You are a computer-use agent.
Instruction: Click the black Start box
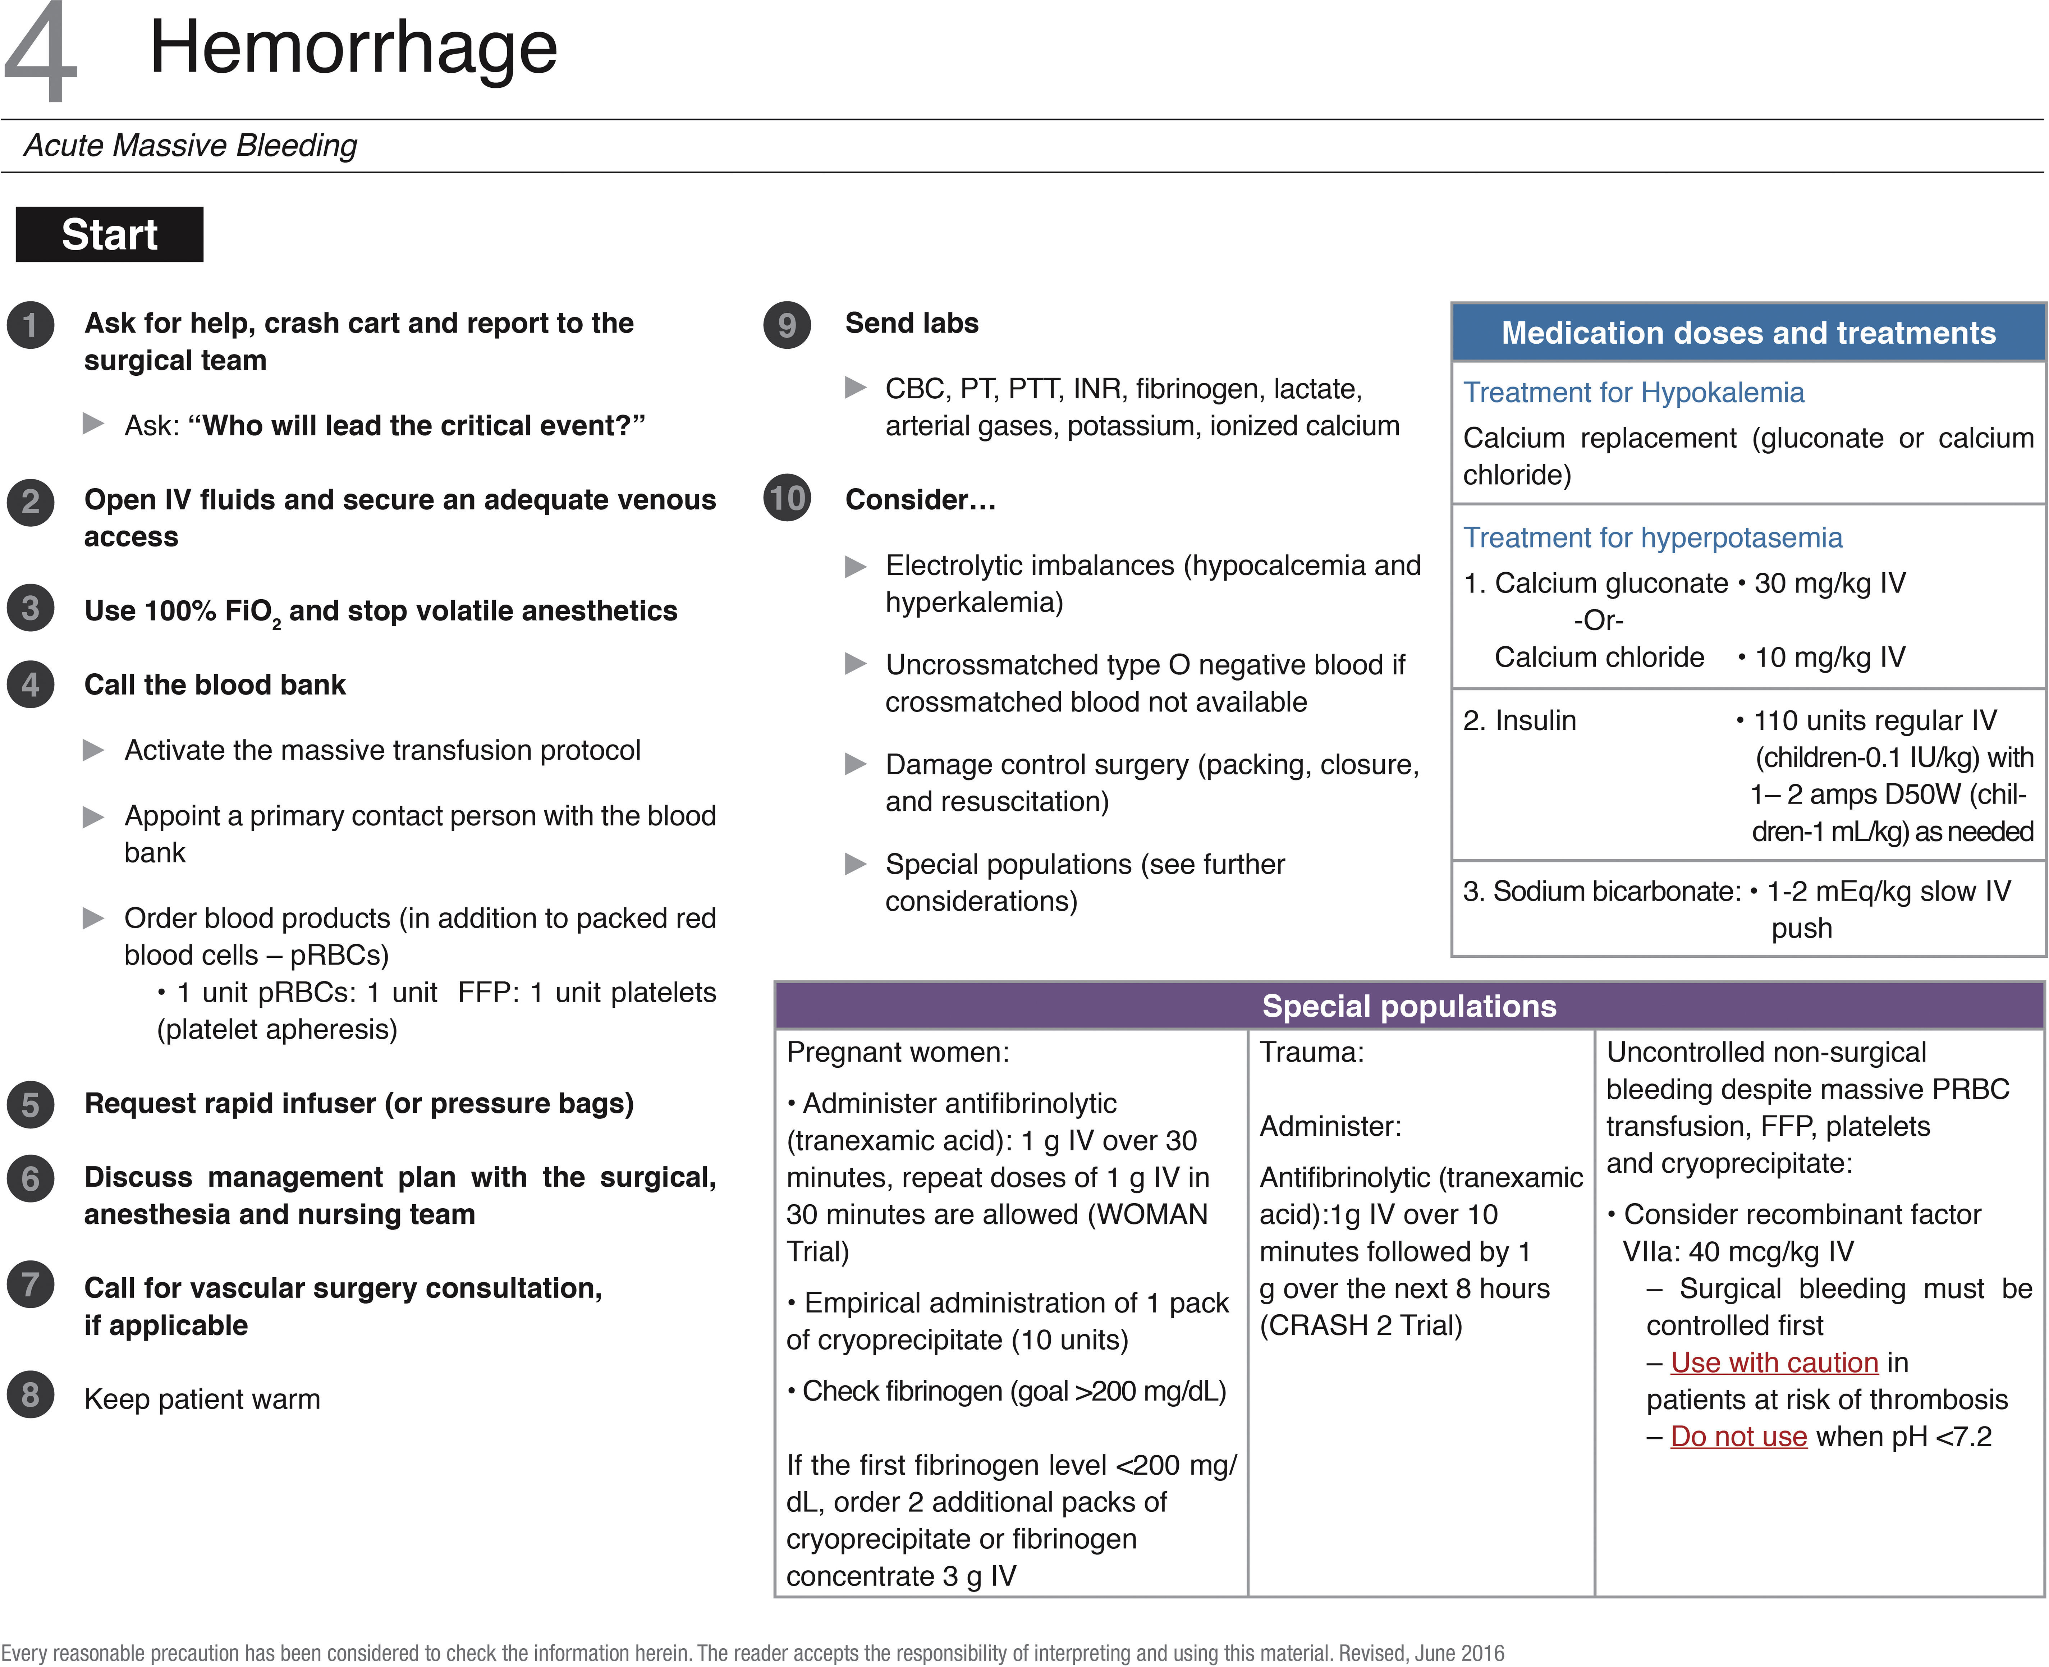(x=109, y=234)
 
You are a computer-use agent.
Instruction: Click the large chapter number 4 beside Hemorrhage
(x=40, y=53)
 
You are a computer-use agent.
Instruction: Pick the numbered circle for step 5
(x=31, y=1104)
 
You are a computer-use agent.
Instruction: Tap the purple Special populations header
(x=1408, y=1006)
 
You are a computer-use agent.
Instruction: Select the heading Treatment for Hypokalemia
(x=1633, y=393)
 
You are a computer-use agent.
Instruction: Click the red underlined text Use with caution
(x=1773, y=1363)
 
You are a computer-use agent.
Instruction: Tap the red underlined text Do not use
(x=1738, y=1437)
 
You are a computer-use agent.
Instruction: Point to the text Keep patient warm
(x=202, y=1399)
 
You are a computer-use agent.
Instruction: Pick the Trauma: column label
(x=1312, y=1053)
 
